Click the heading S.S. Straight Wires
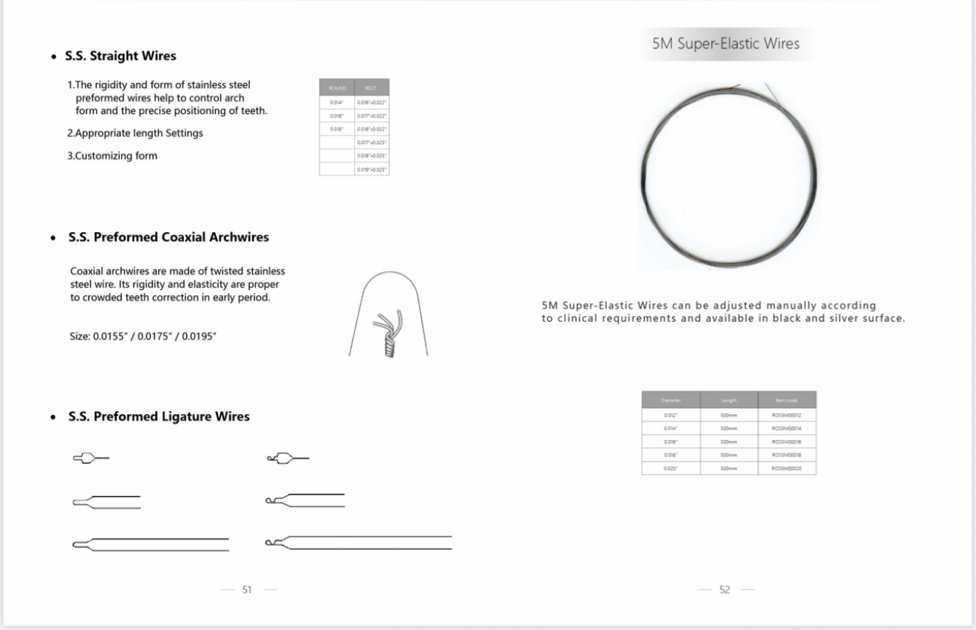point(122,56)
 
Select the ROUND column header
point(336,88)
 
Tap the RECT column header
point(372,88)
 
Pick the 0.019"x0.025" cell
point(372,169)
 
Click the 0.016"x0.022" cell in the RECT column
point(372,102)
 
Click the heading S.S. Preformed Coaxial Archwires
point(169,237)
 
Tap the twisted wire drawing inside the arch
point(384,333)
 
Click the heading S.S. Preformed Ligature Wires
point(159,416)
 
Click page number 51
point(247,589)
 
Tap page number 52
point(725,589)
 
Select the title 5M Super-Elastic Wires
point(725,44)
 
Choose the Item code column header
point(786,399)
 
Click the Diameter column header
point(671,399)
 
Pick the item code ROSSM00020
point(786,468)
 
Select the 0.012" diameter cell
point(671,415)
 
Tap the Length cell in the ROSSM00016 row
point(728,441)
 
